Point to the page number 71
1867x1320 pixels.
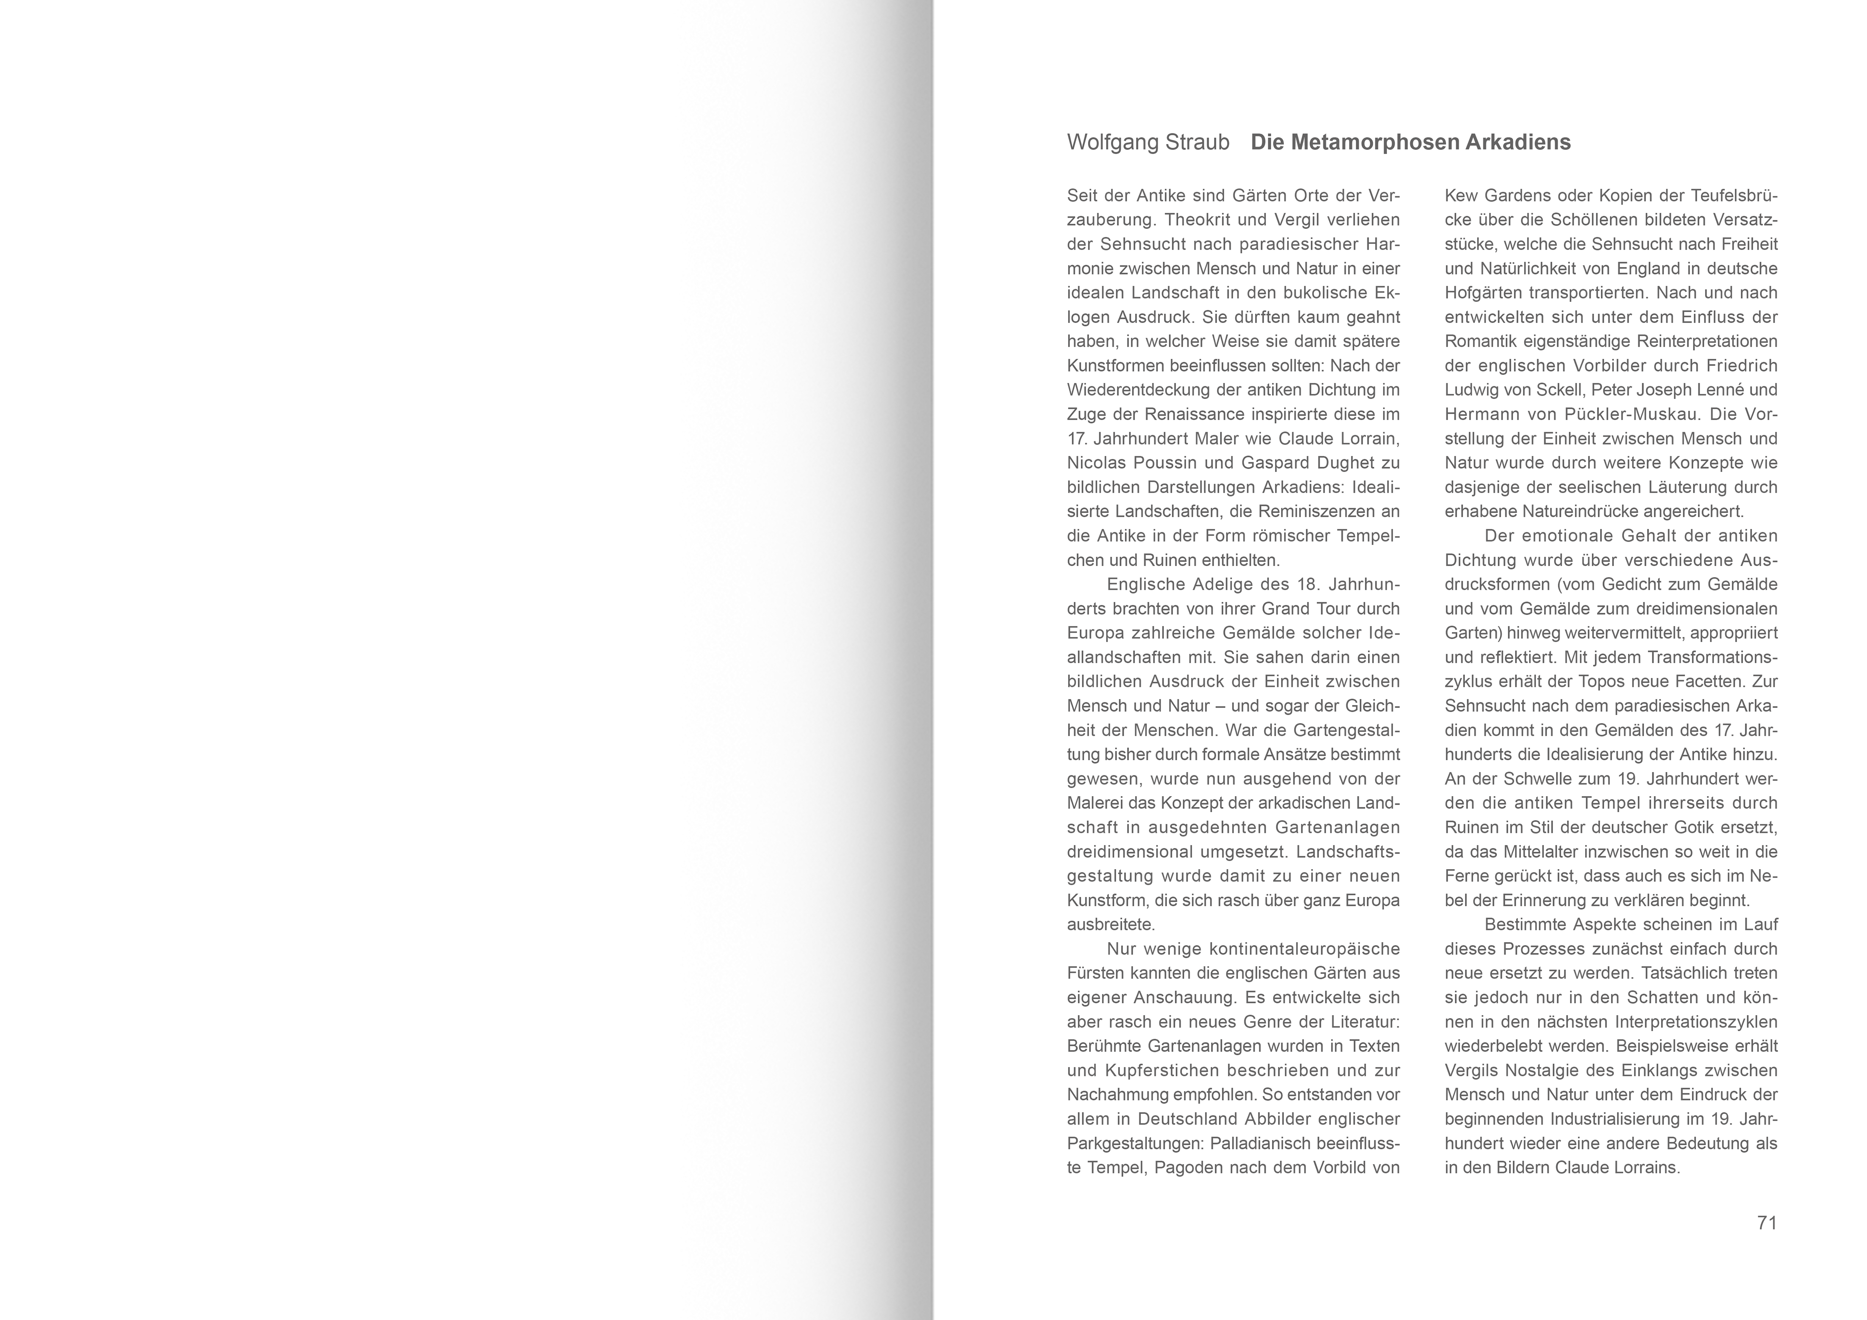click(1767, 1223)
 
